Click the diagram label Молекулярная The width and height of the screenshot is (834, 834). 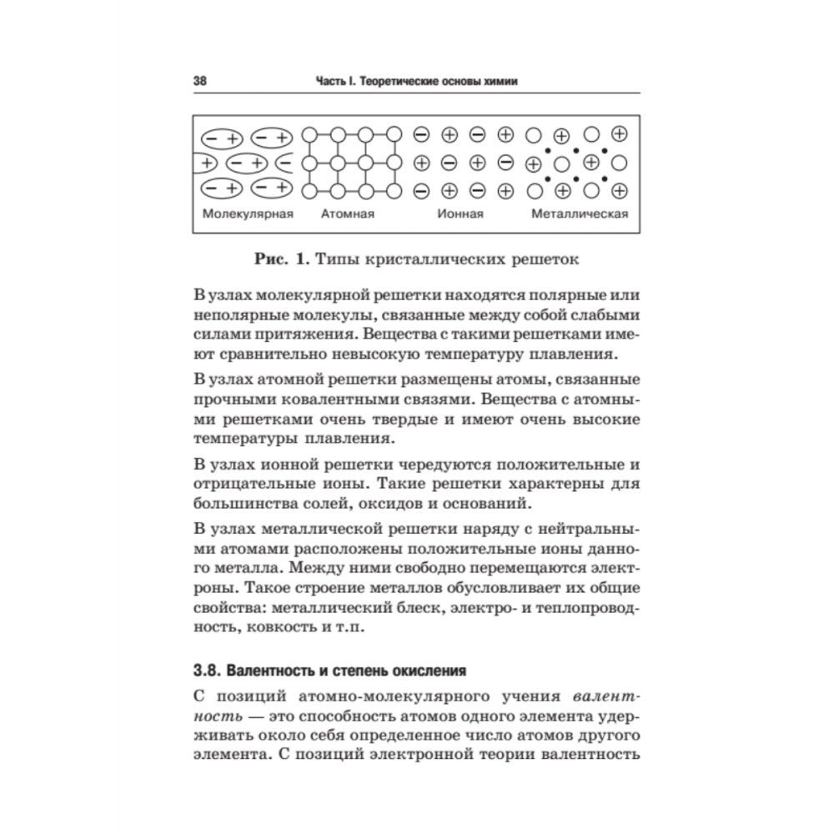tap(249, 214)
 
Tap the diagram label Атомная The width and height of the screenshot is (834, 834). tap(348, 214)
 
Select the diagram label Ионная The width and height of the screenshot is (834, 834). tap(461, 214)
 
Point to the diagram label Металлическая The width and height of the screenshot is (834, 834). tap(580, 214)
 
